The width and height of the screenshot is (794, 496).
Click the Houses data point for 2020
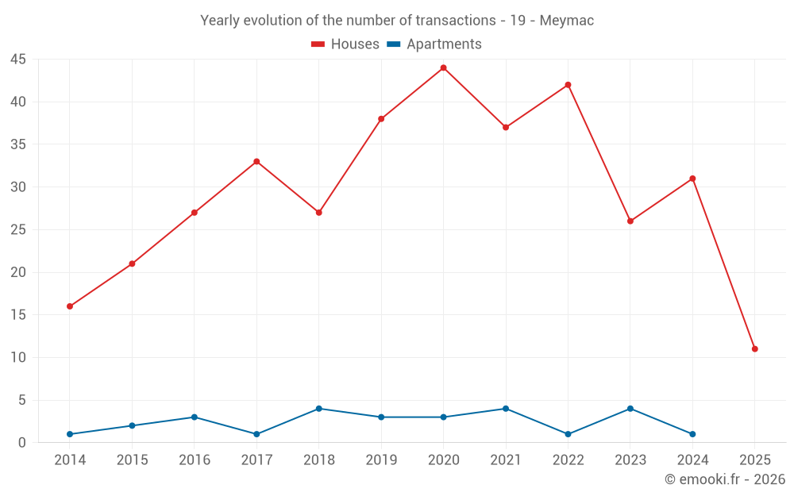coord(443,67)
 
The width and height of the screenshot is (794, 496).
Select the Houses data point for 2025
coord(754,349)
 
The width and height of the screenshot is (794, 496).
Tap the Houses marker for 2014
coord(70,306)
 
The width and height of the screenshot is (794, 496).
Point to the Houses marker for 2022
coord(568,85)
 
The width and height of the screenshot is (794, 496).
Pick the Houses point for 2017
coord(256,162)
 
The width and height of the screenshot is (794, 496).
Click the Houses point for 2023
coord(630,221)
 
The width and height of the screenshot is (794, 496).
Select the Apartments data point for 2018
coord(319,409)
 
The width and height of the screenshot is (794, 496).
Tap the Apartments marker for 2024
coord(692,434)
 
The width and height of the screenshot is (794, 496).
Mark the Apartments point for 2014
coord(70,434)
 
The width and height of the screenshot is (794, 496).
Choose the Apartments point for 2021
coord(506,409)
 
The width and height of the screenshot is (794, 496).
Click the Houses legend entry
coord(345,44)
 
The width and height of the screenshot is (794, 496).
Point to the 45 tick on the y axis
coord(18,60)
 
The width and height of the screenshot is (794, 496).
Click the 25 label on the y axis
coord(18,230)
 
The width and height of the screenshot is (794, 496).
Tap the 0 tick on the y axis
coord(22,443)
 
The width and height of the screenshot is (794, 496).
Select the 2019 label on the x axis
coord(381,460)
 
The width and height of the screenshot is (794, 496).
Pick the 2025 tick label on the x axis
coord(754,460)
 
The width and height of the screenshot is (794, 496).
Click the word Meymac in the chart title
coord(566,21)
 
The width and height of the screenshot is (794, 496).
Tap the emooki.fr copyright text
coord(725,479)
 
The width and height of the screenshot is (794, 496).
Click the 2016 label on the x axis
coord(195,460)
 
